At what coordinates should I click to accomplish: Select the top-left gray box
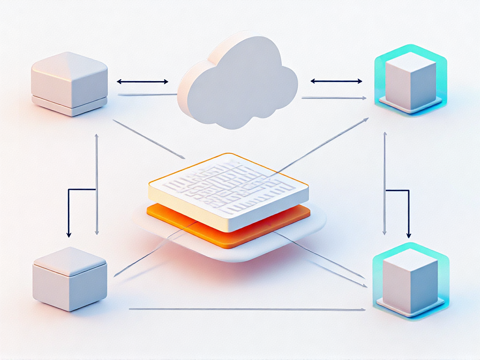69,82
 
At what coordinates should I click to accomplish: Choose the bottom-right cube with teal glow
409,280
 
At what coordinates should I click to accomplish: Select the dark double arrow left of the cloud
142,82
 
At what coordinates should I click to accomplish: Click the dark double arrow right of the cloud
336,81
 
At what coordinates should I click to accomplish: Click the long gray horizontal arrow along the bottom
246,309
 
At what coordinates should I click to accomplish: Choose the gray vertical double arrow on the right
385,183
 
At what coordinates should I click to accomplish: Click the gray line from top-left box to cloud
148,95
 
